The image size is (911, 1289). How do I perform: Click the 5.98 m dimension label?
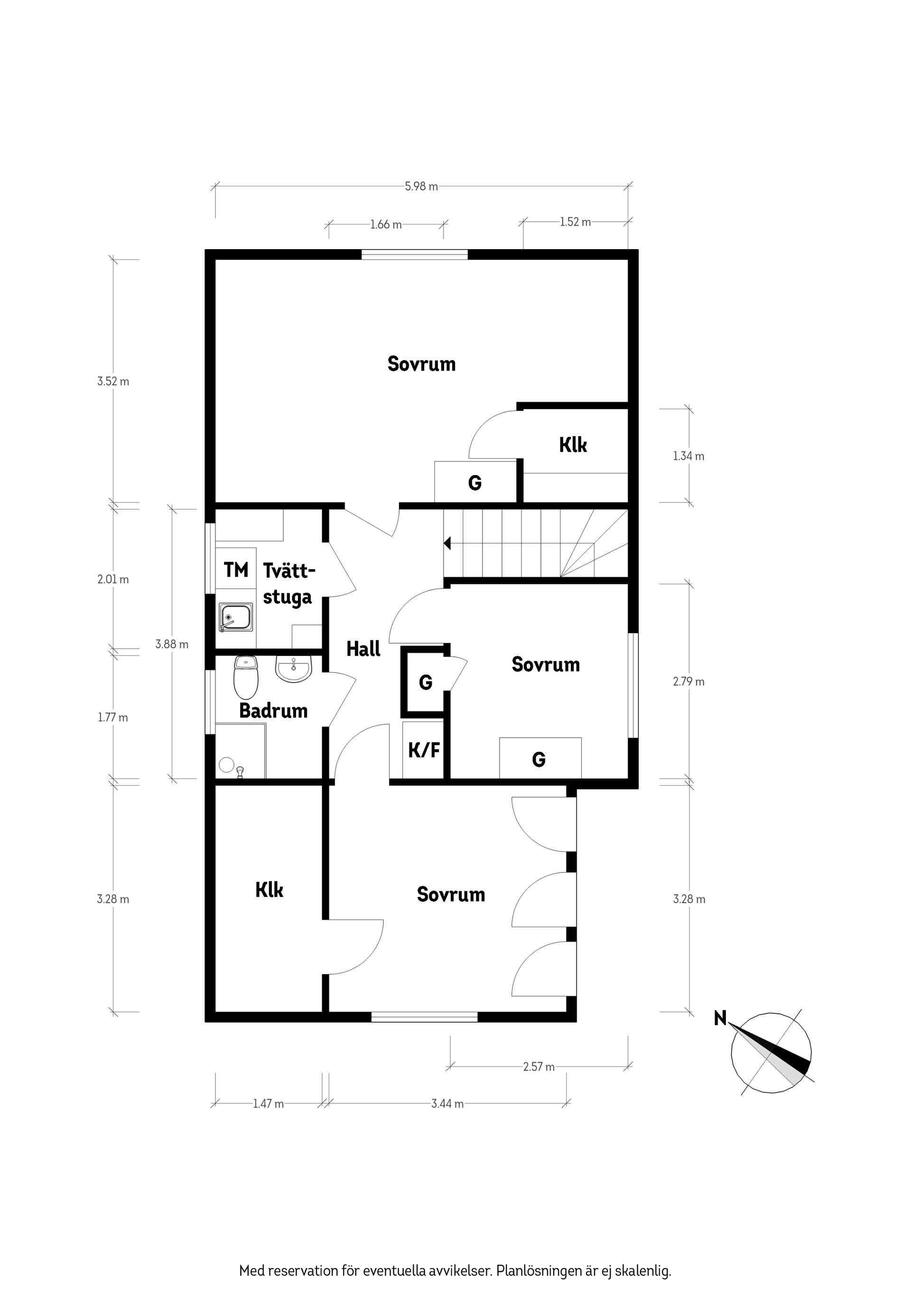point(421,187)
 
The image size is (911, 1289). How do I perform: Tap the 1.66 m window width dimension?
point(386,224)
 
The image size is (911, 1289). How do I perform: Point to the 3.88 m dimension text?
point(172,644)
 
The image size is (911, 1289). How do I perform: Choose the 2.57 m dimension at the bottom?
point(538,1067)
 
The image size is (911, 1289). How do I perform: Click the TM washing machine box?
point(236,570)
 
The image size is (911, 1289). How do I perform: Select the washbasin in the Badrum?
point(294,669)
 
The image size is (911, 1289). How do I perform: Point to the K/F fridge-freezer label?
point(423,750)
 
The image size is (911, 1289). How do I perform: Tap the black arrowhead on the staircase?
point(447,543)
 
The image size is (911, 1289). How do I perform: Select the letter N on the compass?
point(720,1018)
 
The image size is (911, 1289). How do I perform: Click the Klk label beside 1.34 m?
point(573,445)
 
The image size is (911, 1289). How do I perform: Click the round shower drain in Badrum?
point(226,764)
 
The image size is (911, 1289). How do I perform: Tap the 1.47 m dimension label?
point(268,1104)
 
